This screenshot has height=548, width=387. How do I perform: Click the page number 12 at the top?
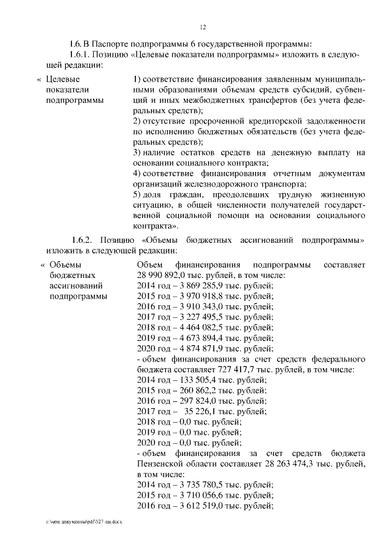pos(203,27)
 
